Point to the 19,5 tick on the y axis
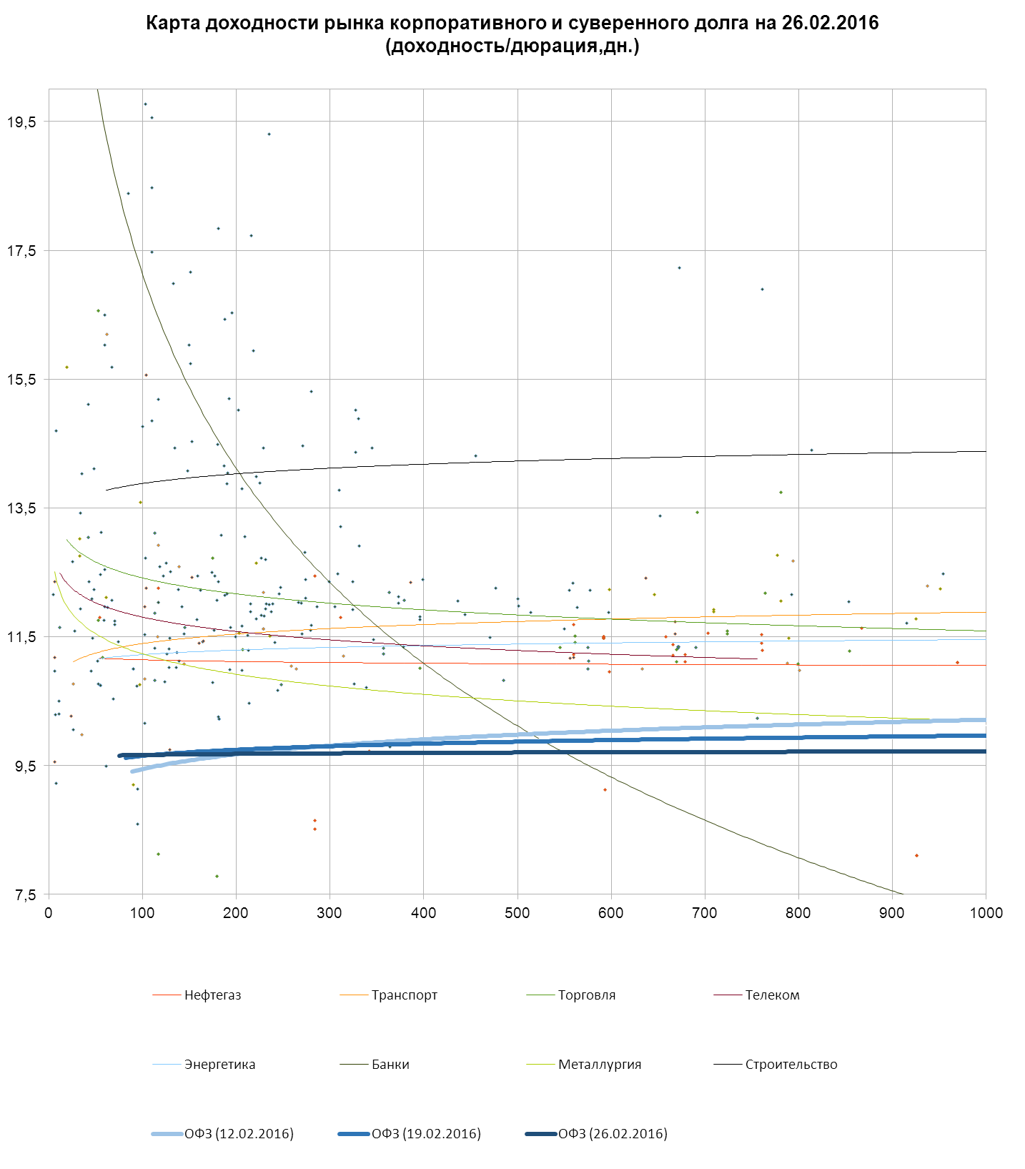[x=21, y=122]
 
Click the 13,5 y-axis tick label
[x=21, y=508]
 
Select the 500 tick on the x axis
[x=518, y=913]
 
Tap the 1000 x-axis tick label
[x=986, y=913]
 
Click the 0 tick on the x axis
[x=49, y=913]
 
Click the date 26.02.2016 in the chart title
[x=830, y=23]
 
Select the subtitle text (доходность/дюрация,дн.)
[x=512, y=46]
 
